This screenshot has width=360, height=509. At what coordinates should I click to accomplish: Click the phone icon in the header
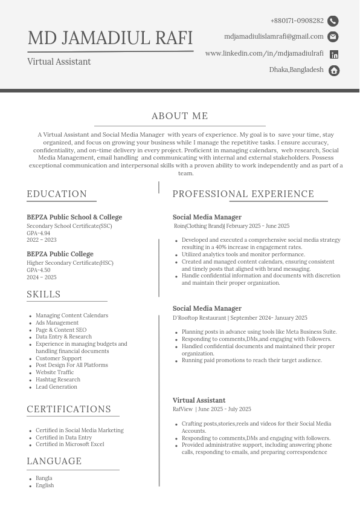pyautogui.click(x=333, y=21)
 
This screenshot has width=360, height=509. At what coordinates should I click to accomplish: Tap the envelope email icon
pyautogui.click(x=333, y=37)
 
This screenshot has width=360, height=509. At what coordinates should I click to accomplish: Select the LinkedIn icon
pyautogui.click(x=334, y=54)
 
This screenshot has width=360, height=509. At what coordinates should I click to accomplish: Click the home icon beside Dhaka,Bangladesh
pyautogui.click(x=334, y=71)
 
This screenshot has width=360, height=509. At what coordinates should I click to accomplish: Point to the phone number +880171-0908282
pyautogui.click(x=297, y=21)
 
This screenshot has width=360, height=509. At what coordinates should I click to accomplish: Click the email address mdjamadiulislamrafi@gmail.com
pyautogui.click(x=274, y=37)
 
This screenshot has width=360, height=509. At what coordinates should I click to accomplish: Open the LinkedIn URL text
pyautogui.click(x=264, y=53)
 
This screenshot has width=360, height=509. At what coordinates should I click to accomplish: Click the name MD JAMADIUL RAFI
pyautogui.click(x=110, y=38)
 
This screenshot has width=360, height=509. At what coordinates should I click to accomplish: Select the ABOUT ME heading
pyautogui.click(x=180, y=116)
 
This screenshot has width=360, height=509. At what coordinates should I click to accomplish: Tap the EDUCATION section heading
pyautogui.click(x=57, y=194)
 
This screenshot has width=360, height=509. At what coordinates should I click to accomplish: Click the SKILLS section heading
pyautogui.click(x=43, y=294)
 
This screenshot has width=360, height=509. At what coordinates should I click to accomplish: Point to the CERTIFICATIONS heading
pyautogui.click(x=69, y=409)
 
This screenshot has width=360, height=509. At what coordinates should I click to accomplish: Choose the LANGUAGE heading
pyautogui.click(x=54, y=461)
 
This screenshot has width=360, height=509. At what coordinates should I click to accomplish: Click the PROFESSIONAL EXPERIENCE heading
pyautogui.click(x=243, y=194)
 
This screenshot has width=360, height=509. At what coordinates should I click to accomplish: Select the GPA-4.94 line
pyautogui.click(x=38, y=233)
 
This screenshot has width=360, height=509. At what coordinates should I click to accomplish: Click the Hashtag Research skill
pyautogui.click(x=57, y=380)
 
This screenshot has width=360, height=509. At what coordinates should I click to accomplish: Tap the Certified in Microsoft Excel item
pyautogui.click(x=69, y=444)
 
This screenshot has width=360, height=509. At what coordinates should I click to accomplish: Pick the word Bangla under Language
pyautogui.click(x=43, y=478)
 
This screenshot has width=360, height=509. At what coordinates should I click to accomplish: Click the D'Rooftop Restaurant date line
pyautogui.click(x=240, y=318)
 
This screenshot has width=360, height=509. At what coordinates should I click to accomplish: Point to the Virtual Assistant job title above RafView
pyautogui.click(x=199, y=400)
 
